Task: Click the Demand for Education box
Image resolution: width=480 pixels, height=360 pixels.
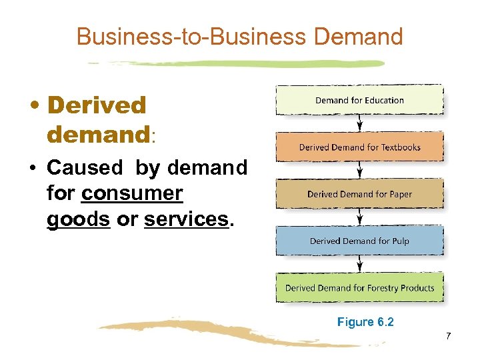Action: pos(359,100)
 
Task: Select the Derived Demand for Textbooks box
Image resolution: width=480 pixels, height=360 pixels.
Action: pos(359,147)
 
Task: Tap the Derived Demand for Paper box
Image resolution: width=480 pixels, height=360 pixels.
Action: pos(359,194)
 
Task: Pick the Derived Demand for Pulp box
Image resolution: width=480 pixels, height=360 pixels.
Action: pos(359,241)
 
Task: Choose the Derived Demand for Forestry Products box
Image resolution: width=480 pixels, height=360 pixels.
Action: pos(359,288)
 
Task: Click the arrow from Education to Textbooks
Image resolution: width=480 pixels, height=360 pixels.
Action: pos(360,123)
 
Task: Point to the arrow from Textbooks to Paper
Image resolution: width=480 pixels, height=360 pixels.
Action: pos(360,171)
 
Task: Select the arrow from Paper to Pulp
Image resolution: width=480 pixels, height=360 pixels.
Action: pos(360,217)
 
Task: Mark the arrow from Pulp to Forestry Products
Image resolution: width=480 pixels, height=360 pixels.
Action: pos(360,264)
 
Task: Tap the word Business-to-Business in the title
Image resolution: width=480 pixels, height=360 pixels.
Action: pos(193,36)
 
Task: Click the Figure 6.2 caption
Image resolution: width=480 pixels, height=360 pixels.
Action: pos(365,322)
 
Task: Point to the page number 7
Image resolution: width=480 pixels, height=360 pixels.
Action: pos(449,336)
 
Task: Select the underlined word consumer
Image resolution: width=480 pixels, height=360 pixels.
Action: pos(131,193)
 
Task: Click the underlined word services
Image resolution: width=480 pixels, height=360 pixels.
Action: pos(186,219)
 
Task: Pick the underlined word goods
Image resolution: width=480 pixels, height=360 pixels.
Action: pos(78,219)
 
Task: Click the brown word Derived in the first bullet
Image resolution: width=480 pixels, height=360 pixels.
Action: pos(97,105)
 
